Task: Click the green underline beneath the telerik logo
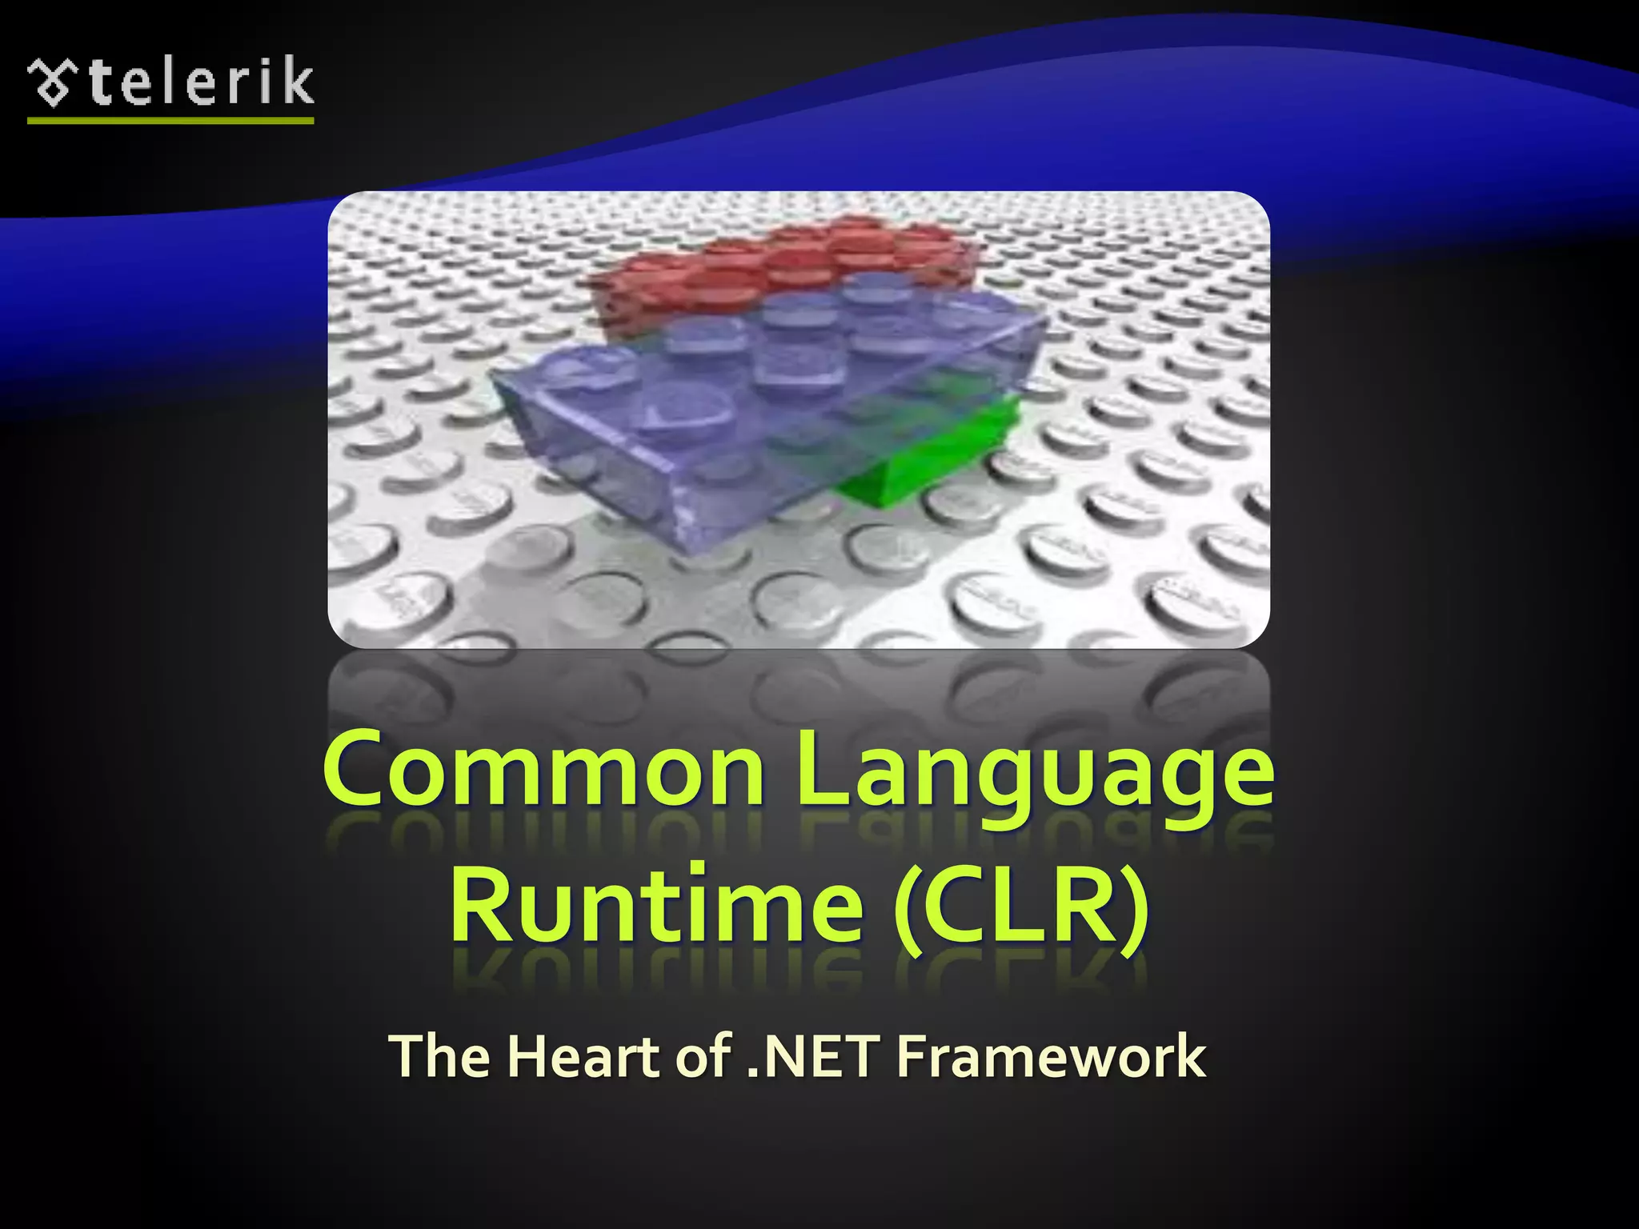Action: tap(170, 121)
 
